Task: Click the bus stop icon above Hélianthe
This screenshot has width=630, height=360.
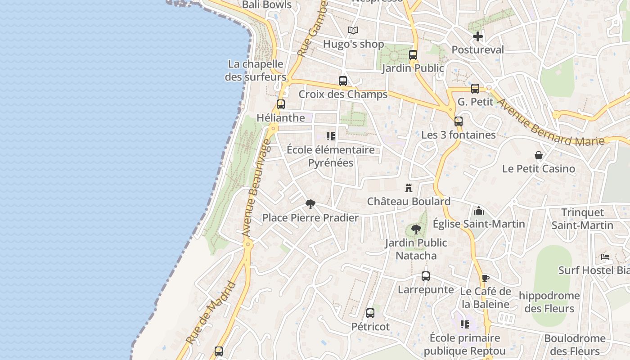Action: [281, 104]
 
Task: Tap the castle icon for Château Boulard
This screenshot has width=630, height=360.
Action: [409, 188]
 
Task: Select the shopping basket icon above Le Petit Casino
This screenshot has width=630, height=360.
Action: [539, 155]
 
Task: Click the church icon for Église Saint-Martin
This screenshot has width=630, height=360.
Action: [479, 210]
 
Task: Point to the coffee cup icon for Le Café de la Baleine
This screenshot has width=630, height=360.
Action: [485, 278]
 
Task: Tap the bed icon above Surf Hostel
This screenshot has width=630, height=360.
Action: [605, 257]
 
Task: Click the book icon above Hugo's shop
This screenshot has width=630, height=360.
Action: [353, 31]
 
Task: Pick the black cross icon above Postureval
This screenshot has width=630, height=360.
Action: [478, 36]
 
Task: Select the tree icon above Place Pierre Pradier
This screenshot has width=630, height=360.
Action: [310, 204]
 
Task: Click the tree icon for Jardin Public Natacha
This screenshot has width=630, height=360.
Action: [416, 229]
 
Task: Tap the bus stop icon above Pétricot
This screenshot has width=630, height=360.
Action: [370, 313]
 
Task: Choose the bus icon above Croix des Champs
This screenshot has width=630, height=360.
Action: [343, 81]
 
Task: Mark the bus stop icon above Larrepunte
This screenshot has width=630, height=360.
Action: [426, 276]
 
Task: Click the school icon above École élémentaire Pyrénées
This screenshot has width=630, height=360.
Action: [331, 136]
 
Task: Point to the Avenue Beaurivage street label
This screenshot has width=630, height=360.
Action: [256, 188]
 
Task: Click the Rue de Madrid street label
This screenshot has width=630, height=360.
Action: [211, 313]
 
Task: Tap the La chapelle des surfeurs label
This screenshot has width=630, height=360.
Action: [255, 70]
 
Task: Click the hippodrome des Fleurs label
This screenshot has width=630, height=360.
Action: [549, 302]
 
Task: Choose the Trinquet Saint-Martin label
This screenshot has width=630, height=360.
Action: [582, 219]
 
